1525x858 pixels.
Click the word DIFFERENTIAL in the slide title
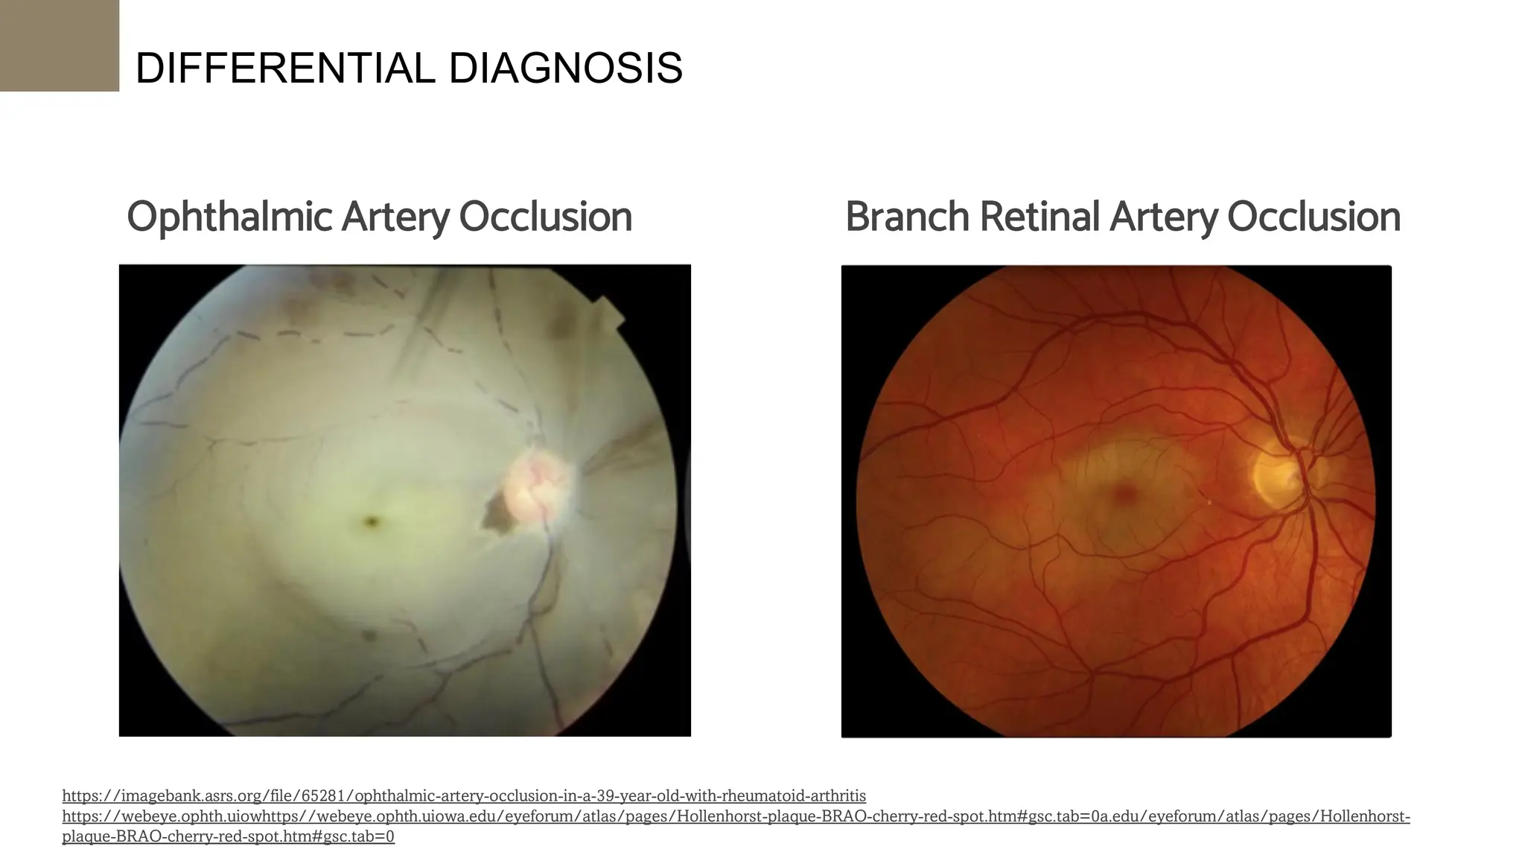pyautogui.click(x=285, y=69)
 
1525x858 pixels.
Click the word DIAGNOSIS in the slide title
pyautogui.click(x=565, y=69)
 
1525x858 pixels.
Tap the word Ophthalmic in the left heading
pyautogui.click(x=229, y=217)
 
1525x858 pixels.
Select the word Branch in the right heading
pyautogui.click(x=907, y=217)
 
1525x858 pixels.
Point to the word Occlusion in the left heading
pyautogui.click(x=545, y=217)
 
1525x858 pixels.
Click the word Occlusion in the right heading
pyautogui.click(x=1314, y=217)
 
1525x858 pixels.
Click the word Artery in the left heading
pyautogui.click(x=395, y=217)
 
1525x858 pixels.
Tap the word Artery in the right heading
pyautogui.click(x=1163, y=217)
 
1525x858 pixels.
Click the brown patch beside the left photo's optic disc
pyautogui.click(x=496, y=514)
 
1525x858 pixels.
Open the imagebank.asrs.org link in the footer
pyautogui.click(x=464, y=796)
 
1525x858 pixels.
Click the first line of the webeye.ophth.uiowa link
pyautogui.click(x=736, y=816)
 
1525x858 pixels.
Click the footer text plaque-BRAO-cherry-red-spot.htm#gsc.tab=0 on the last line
pyautogui.click(x=228, y=836)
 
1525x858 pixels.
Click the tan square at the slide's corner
pyautogui.click(x=60, y=45)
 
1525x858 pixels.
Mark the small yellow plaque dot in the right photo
pyautogui.click(x=1209, y=503)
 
